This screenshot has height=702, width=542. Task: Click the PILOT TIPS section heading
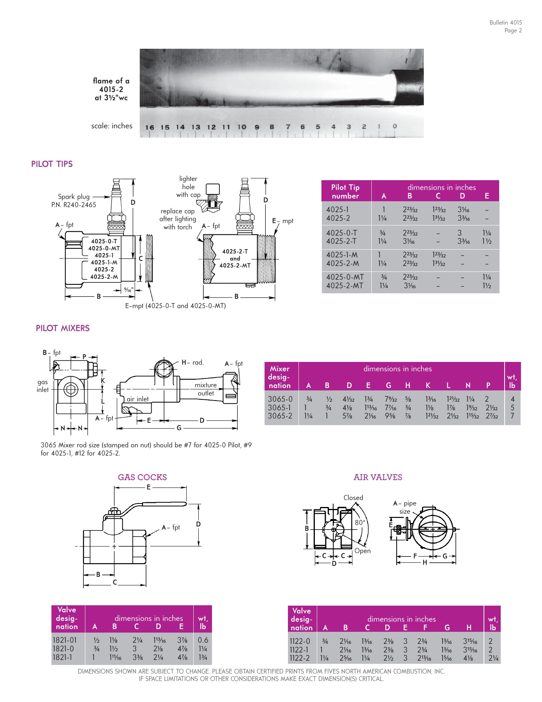click(52, 164)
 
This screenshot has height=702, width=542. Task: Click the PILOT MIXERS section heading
click(62, 328)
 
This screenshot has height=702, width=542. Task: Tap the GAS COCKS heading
click(142, 477)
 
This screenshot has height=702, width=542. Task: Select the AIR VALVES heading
click(378, 477)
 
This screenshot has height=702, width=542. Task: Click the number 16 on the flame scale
click(150, 127)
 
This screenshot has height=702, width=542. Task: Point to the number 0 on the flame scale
click(395, 126)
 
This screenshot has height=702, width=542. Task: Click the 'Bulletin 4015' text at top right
click(505, 23)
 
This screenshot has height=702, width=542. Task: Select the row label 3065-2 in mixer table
click(280, 416)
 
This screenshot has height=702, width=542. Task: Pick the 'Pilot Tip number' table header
click(345, 191)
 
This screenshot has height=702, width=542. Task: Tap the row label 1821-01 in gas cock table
click(65, 640)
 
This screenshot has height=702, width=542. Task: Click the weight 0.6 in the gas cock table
click(203, 640)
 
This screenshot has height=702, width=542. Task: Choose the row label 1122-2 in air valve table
click(299, 658)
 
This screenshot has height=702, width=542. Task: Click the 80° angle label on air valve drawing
click(360, 522)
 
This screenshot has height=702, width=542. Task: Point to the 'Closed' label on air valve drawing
click(353, 498)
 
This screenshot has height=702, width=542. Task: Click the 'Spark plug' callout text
click(74, 197)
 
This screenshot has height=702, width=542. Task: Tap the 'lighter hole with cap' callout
click(188, 186)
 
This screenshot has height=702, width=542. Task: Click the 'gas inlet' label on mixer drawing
click(43, 386)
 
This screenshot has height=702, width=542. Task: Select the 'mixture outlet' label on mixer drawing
click(205, 389)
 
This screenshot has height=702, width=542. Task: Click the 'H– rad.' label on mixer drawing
click(192, 362)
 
